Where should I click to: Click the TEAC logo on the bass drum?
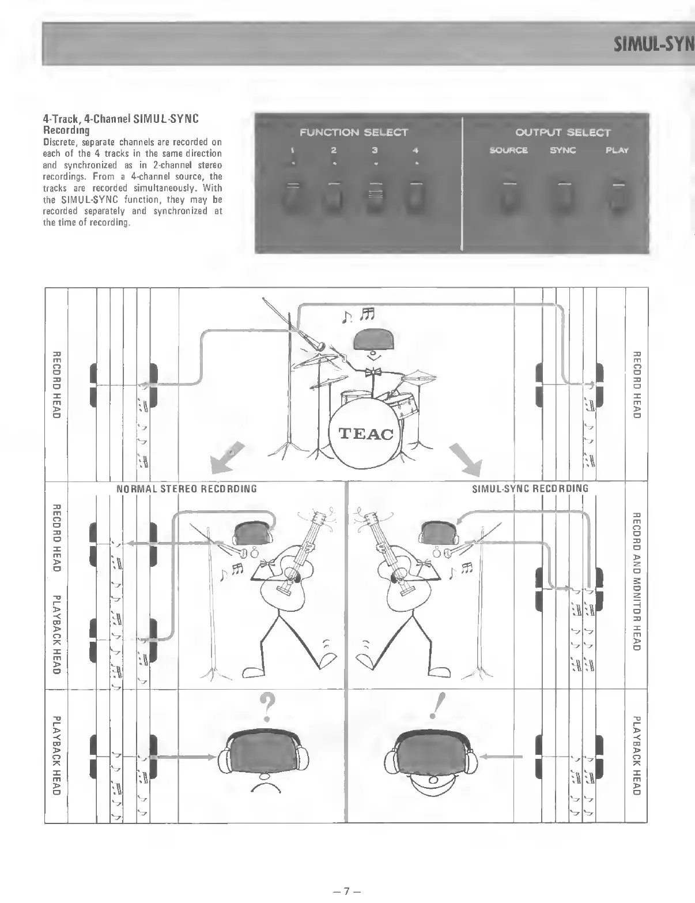(365, 434)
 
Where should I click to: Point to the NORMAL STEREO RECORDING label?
(186, 489)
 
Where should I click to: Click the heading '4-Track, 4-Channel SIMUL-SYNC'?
(121, 119)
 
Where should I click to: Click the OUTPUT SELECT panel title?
(562, 133)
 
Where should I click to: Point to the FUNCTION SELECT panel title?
(354, 133)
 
